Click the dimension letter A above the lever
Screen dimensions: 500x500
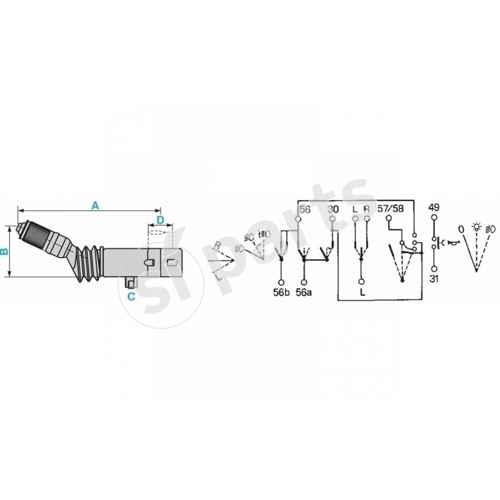pos(95,205)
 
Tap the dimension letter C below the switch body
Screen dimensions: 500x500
pos(131,296)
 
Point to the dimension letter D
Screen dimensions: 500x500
pos(160,220)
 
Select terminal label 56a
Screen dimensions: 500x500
pos(304,292)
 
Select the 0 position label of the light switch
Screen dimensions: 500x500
pos(461,229)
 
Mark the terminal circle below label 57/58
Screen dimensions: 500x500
pos(389,219)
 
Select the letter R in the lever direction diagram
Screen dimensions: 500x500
pos(216,244)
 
